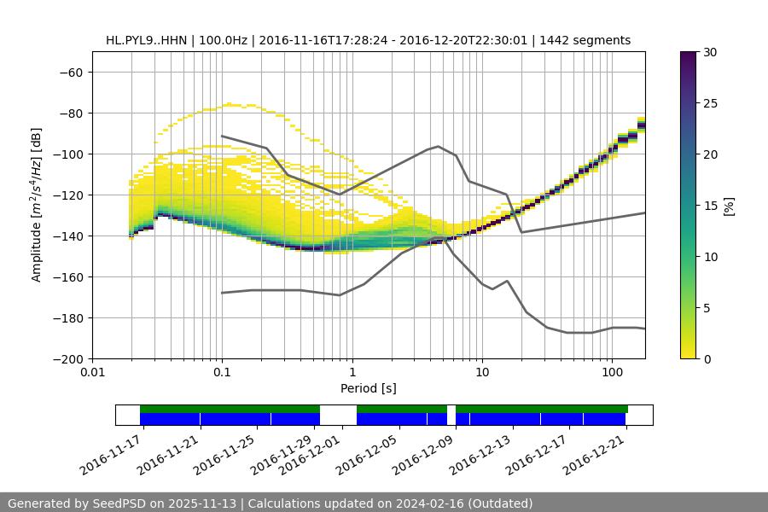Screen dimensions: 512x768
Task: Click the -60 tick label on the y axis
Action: click(71, 72)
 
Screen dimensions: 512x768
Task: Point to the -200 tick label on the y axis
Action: click(67, 358)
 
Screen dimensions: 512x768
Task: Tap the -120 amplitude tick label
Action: click(67, 195)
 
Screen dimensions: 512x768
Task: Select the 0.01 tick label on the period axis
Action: click(92, 373)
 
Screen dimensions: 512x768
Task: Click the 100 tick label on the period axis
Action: click(612, 373)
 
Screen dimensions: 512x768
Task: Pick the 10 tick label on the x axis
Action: click(482, 373)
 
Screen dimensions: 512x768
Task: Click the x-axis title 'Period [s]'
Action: click(369, 388)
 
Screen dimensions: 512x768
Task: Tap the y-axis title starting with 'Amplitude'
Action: click(37, 205)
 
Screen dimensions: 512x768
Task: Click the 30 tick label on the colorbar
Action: click(709, 52)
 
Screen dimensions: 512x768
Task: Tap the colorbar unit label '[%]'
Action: click(729, 206)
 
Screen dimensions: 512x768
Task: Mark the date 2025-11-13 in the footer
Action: click(207, 503)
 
